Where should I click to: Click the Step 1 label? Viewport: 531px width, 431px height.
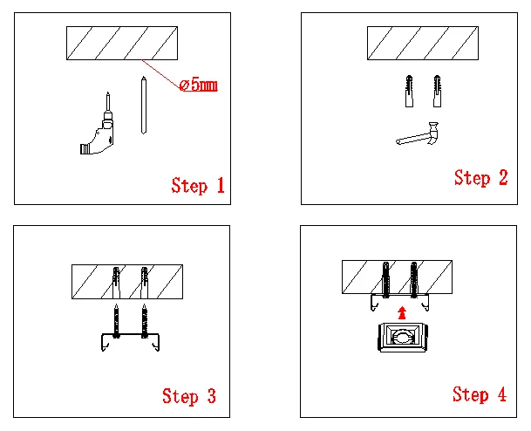(198, 185)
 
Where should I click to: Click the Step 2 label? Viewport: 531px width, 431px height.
(480, 178)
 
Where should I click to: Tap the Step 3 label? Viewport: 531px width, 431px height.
(189, 395)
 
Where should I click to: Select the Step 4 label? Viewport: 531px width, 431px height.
(479, 394)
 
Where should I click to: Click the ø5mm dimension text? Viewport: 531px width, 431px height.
(197, 86)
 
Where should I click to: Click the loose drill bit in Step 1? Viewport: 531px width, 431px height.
(142, 105)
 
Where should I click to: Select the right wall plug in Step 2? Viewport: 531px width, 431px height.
(435, 91)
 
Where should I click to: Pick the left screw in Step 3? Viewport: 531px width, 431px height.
(116, 321)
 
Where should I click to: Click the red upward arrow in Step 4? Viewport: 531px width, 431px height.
(400, 311)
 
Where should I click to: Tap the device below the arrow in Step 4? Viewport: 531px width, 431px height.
(401, 338)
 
